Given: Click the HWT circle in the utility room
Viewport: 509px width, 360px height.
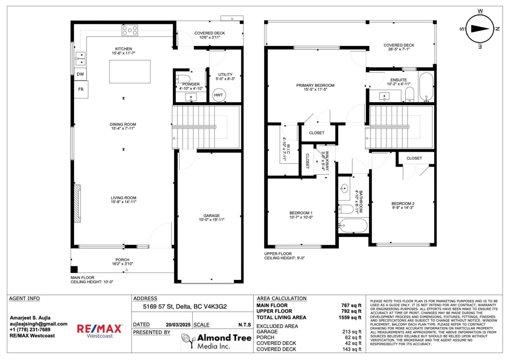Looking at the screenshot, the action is pos(219,95).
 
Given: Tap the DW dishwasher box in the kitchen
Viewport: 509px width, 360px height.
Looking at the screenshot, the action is pos(80,74).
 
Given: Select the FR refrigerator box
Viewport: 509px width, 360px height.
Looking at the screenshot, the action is pos(81,89).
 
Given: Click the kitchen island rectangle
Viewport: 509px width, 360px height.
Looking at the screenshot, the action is pos(130,72).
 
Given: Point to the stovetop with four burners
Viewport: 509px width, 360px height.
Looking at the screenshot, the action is pos(130,31).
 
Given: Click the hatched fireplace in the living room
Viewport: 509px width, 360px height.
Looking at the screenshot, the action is pos(77,203).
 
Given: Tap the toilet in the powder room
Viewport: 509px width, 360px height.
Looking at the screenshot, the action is pos(183,79).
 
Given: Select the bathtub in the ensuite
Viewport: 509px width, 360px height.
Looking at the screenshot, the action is pos(426,87).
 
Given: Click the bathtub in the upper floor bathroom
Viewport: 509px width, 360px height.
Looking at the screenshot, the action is pos(352,225).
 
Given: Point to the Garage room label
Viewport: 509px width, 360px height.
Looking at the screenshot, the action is pos(212,218).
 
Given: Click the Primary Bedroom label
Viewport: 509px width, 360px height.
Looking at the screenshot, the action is pos(315,87).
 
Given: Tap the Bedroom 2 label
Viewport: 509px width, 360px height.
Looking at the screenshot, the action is pos(403,205).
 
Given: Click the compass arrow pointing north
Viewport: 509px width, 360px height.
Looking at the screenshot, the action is pos(480,28).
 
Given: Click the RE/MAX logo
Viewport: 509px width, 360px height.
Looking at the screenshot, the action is pos(100,331).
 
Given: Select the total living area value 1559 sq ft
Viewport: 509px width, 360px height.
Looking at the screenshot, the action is pos(350,317).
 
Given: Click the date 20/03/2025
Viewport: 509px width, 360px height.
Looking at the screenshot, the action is pos(178,325).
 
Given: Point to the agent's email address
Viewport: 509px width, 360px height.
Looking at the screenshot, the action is pos(39,324).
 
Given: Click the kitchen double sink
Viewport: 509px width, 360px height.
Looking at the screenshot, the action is pos(81,59).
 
